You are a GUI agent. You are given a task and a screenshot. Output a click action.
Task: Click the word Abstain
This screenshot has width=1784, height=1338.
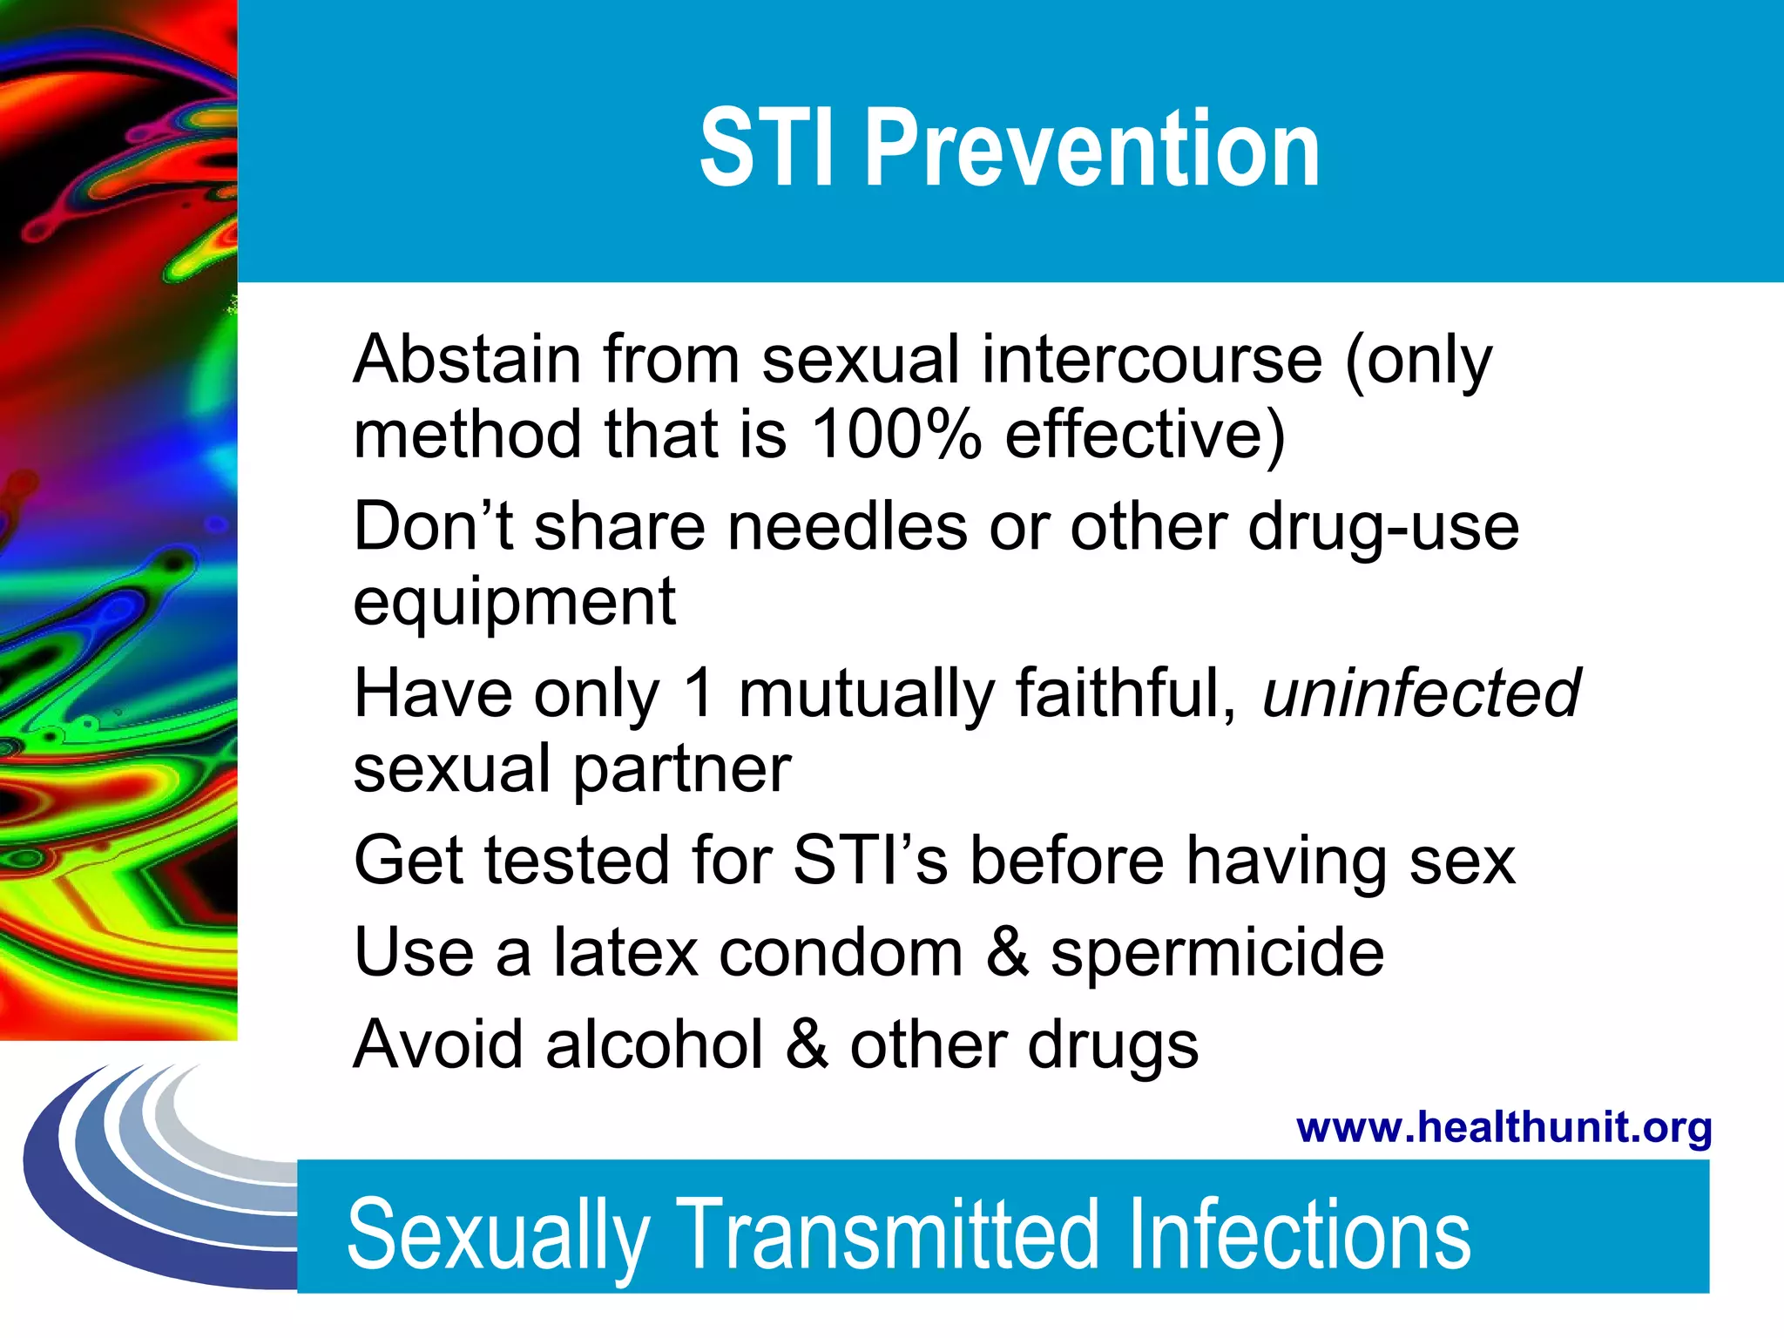467,359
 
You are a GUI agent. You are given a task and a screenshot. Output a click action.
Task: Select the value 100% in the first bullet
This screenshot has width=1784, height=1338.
895,434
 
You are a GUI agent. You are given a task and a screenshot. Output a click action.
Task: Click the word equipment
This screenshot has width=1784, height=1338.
514,603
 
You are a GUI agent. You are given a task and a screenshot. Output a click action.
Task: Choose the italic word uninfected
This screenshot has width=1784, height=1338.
1422,693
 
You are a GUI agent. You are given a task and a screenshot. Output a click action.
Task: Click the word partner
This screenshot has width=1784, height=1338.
681,771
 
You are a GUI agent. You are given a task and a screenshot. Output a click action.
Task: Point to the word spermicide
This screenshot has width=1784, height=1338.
1216,954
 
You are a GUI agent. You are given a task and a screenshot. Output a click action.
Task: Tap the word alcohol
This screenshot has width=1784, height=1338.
654,1044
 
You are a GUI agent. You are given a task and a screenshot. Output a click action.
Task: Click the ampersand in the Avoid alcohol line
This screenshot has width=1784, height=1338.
807,1044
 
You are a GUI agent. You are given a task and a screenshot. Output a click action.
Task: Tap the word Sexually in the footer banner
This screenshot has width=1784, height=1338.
497,1235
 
